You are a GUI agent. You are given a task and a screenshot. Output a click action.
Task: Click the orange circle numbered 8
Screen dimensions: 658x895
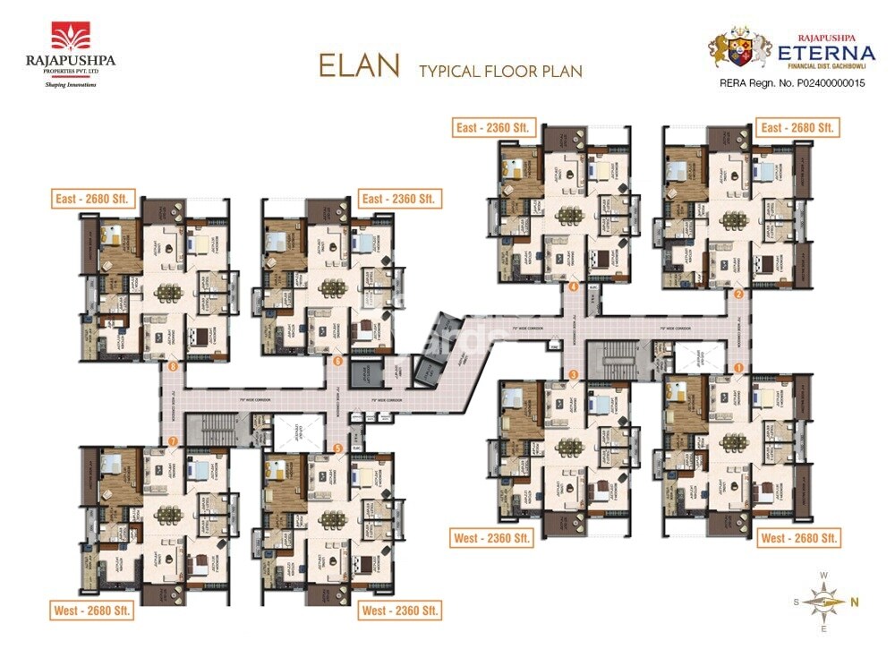173,365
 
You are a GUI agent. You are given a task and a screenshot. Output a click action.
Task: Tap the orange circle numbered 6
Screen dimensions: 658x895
337,361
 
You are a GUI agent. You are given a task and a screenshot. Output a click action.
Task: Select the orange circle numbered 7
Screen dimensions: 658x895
173,441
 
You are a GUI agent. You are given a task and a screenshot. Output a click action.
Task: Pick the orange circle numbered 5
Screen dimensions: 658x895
337,447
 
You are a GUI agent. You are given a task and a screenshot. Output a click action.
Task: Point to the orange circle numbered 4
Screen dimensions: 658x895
573,287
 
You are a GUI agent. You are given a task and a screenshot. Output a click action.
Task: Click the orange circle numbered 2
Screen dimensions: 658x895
738,294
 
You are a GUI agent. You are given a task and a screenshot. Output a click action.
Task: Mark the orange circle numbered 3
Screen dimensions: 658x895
573,374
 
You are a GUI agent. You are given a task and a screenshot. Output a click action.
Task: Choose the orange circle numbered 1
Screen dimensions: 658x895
738,367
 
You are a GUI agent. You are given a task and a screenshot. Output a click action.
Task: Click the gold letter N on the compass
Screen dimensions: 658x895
855,602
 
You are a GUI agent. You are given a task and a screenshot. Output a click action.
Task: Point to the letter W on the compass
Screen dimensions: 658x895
823,576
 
